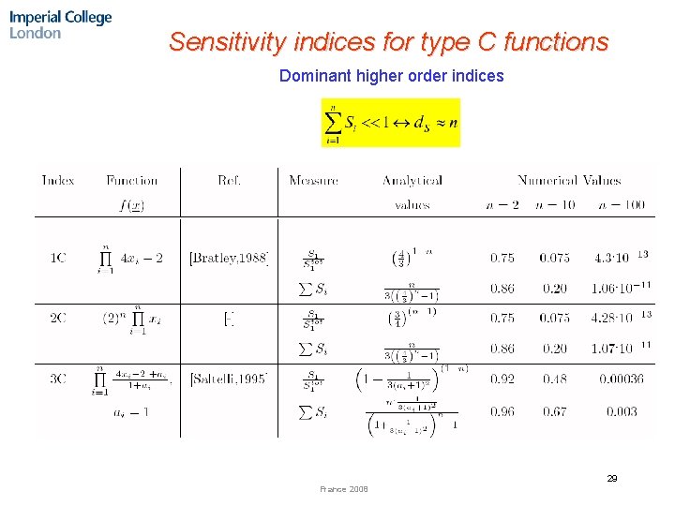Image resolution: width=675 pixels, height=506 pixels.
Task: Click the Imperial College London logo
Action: [61, 24]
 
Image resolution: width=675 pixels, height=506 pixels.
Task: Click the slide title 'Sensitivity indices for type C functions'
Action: [388, 42]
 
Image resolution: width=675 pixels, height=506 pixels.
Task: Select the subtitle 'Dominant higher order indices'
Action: [391, 76]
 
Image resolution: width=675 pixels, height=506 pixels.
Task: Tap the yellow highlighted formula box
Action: [391, 123]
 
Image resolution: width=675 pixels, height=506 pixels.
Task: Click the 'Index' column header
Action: [58, 180]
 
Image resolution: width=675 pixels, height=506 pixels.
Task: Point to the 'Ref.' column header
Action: [229, 180]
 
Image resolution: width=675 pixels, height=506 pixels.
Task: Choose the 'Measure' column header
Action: [313, 180]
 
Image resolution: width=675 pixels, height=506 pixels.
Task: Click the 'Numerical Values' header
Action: [568, 180]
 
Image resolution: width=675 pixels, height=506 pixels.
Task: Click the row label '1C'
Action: [58, 258]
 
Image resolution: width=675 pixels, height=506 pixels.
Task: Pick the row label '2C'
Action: [58, 318]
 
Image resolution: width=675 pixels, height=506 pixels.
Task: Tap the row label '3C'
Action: [58, 379]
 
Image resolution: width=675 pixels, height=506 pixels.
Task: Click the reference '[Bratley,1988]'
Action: [230, 258]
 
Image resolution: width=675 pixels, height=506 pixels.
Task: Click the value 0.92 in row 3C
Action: [502, 379]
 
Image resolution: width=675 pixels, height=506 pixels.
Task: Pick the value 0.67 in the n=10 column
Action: [555, 411]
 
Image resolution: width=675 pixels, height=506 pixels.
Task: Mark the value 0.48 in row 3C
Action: [555, 379]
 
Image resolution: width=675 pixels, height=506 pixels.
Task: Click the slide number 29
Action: [611, 479]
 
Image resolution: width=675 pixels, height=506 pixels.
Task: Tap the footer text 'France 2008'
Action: [344, 489]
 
